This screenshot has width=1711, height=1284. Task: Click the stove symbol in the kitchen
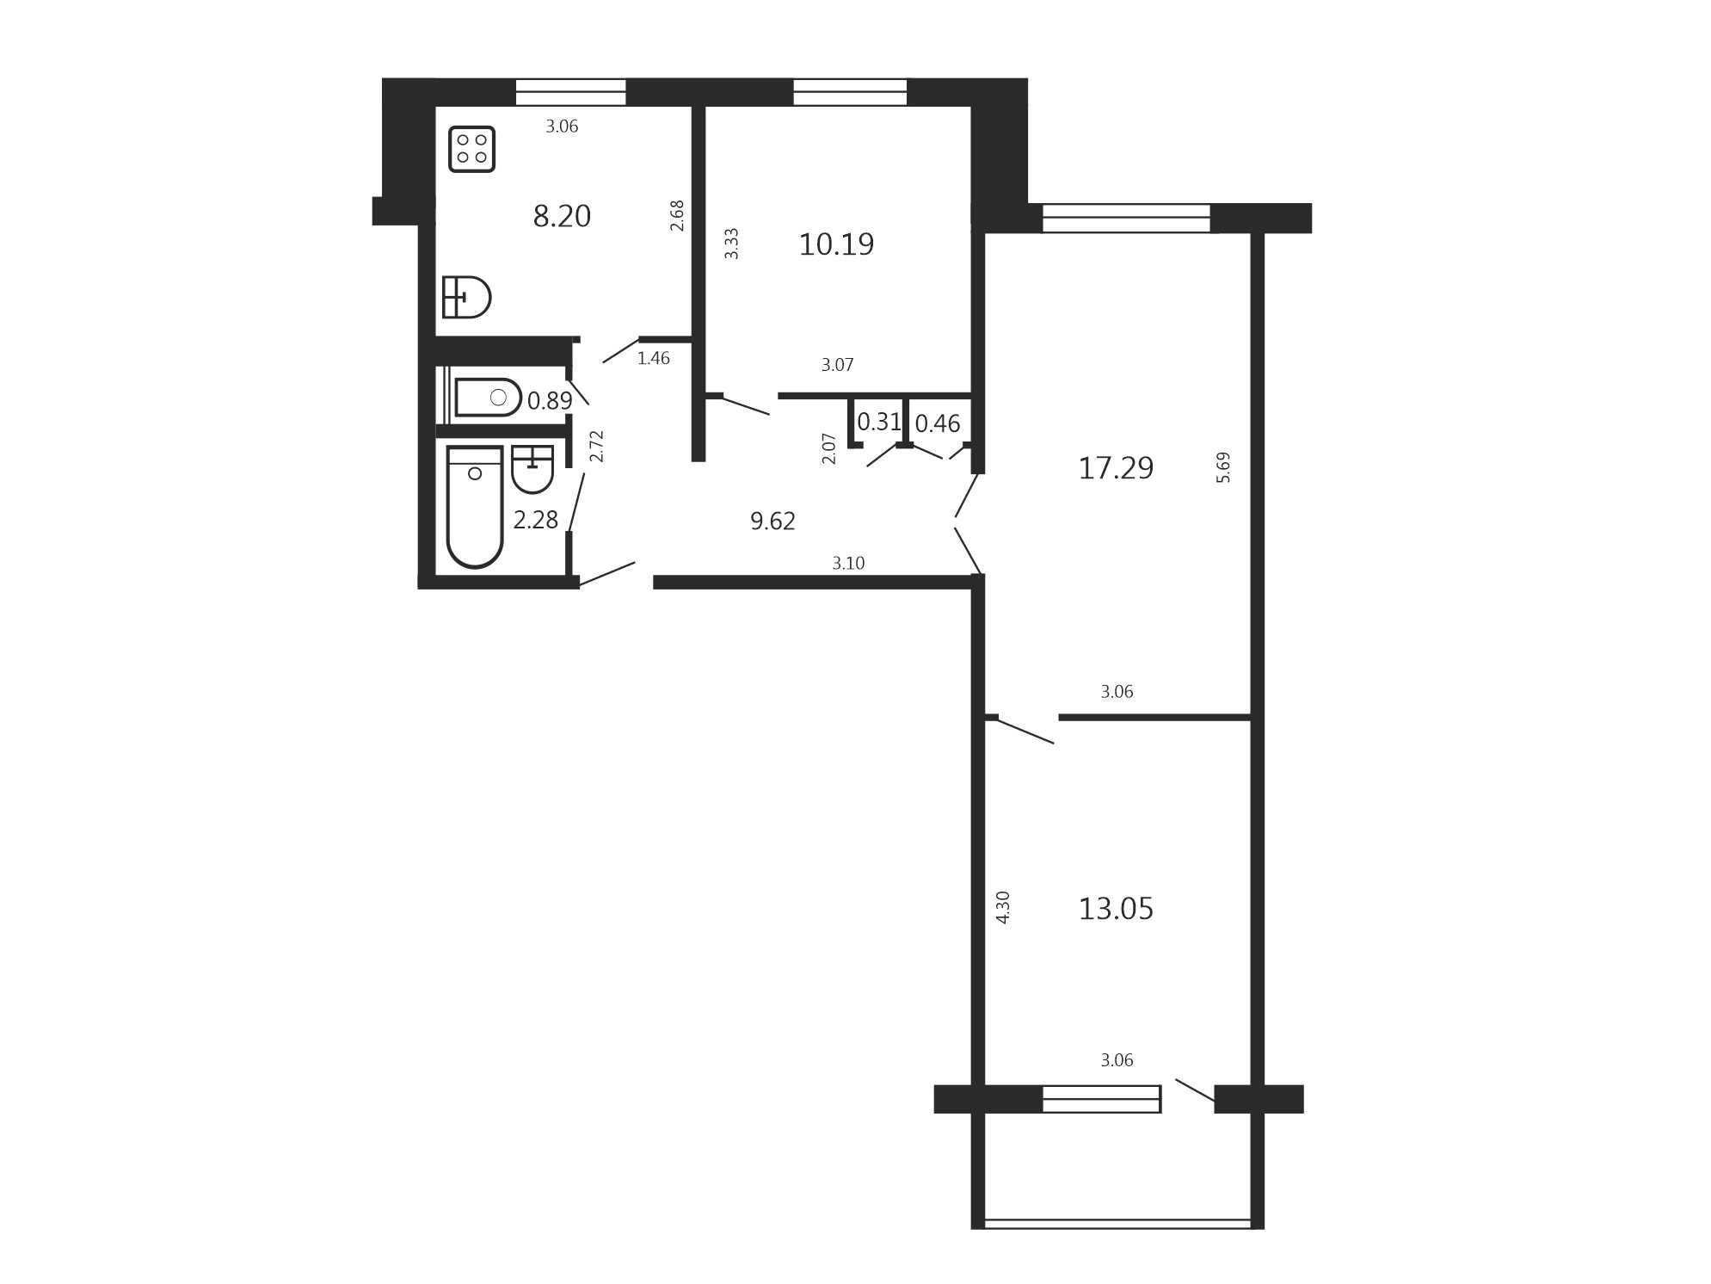pyautogui.click(x=471, y=149)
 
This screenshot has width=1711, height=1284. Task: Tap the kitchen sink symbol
pyautogui.click(x=466, y=297)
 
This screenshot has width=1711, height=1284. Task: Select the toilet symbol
pyautogui.click(x=488, y=397)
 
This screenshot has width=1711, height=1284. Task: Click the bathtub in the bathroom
pyautogui.click(x=475, y=507)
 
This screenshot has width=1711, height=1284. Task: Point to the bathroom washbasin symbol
pyautogui.click(x=532, y=469)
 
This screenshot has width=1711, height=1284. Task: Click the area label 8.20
pyautogui.click(x=562, y=216)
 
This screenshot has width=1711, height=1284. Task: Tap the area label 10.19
pyautogui.click(x=836, y=244)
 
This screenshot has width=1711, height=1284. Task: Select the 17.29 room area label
pyautogui.click(x=1116, y=468)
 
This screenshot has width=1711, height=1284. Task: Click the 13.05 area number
pyautogui.click(x=1116, y=909)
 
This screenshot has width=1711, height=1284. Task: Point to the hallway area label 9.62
pyautogui.click(x=772, y=521)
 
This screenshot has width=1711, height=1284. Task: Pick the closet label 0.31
pyautogui.click(x=879, y=422)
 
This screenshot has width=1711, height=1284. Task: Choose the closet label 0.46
pyautogui.click(x=938, y=423)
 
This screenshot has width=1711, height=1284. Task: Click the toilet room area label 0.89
pyautogui.click(x=550, y=401)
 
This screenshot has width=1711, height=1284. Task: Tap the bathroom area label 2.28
pyautogui.click(x=536, y=520)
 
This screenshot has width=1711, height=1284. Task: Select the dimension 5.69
pyautogui.click(x=1223, y=467)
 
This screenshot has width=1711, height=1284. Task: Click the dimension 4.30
pyautogui.click(x=1002, y=907)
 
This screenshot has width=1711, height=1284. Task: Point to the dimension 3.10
pyautogui.click(x=848, y=563)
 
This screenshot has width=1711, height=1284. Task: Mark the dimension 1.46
pyautogui.click(x=653, y=358)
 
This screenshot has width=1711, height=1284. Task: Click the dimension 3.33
pyautogui.click(x=731, y=244)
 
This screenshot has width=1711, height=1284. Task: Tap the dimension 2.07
pyautogui.click(x=828, y=448)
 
